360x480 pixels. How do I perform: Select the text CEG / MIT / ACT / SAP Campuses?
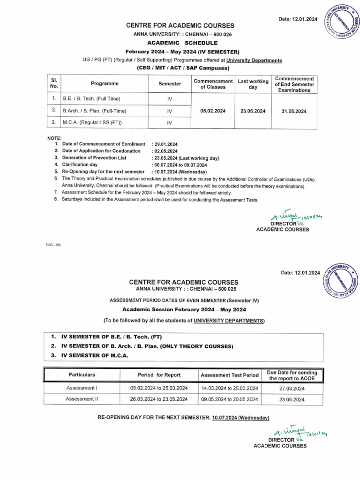[183, 68]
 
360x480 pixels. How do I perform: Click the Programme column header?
[105, 83]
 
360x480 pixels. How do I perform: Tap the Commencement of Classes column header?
[213, 84]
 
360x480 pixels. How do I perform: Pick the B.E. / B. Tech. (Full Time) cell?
[91, 99]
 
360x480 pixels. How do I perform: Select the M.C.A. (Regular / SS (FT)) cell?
[89, 123]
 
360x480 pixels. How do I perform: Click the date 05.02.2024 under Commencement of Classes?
[213, 111]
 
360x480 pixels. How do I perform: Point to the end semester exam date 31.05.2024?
[294, 111]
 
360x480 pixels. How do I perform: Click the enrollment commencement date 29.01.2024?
[165, 144]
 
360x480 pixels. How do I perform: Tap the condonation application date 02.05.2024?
[165, 151]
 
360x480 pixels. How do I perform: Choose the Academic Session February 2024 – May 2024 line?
[184, 309]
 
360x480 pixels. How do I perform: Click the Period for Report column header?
[159, 375]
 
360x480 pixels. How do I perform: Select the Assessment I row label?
[82, 388]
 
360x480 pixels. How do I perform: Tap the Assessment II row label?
[82, 399]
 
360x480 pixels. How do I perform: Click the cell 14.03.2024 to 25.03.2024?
[230, 389]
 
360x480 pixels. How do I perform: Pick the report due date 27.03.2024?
[292, 389]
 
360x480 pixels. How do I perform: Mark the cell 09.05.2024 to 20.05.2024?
[230, 399]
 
